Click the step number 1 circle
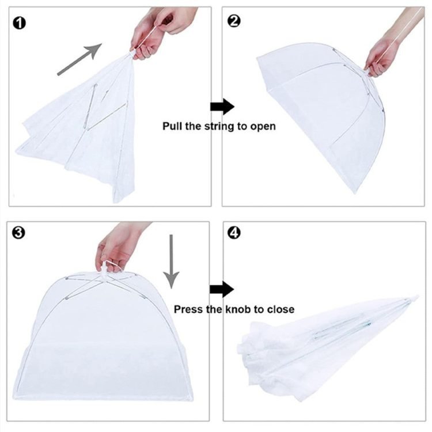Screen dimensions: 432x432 pyautogui.click(x=19, y=23)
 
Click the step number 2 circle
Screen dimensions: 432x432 pyautogui.click(x=234, y=21)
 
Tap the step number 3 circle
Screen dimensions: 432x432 pyautogui.click(x=18, y=233)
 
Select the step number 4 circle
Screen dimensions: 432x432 pyautogui.click(x=234, y=233)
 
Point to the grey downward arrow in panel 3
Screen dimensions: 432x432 pyautogui.click(x=171, y=262)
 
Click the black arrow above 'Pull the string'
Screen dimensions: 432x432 pyautogui.click(x=222, y=107)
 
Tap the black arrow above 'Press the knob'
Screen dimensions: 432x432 pyautogui.click(x=222, y=289)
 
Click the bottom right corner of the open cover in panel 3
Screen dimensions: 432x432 pyautogui.click(x=192, y=400)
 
